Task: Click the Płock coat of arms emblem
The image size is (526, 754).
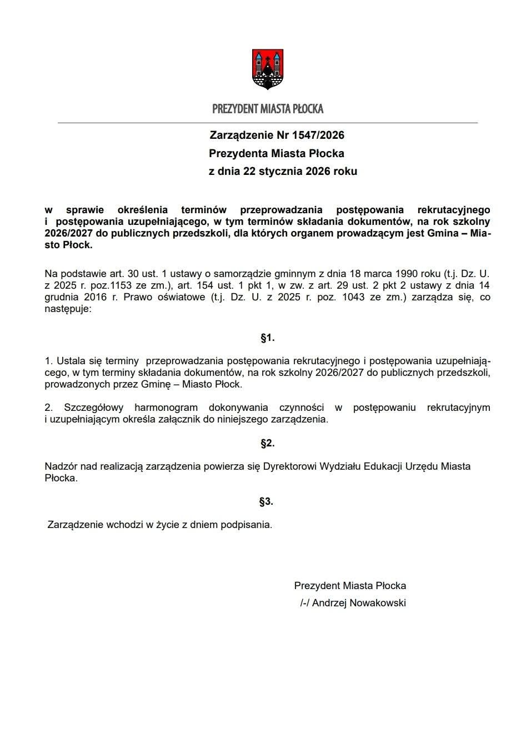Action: point(268,69)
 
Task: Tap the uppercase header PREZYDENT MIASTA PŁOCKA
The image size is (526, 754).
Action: point(268,109)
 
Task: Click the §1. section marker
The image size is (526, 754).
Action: point(267,338)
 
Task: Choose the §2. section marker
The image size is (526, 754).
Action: point(267,443)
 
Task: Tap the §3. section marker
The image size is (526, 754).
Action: point(266,501)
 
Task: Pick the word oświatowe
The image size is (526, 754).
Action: point(177,297)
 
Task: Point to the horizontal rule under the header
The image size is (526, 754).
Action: point(268,122)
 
